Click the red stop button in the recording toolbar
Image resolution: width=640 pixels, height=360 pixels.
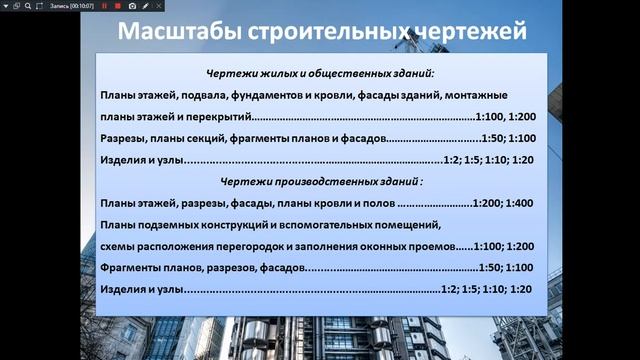coord(117,6)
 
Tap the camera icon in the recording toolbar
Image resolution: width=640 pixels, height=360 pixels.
coord(132,6)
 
